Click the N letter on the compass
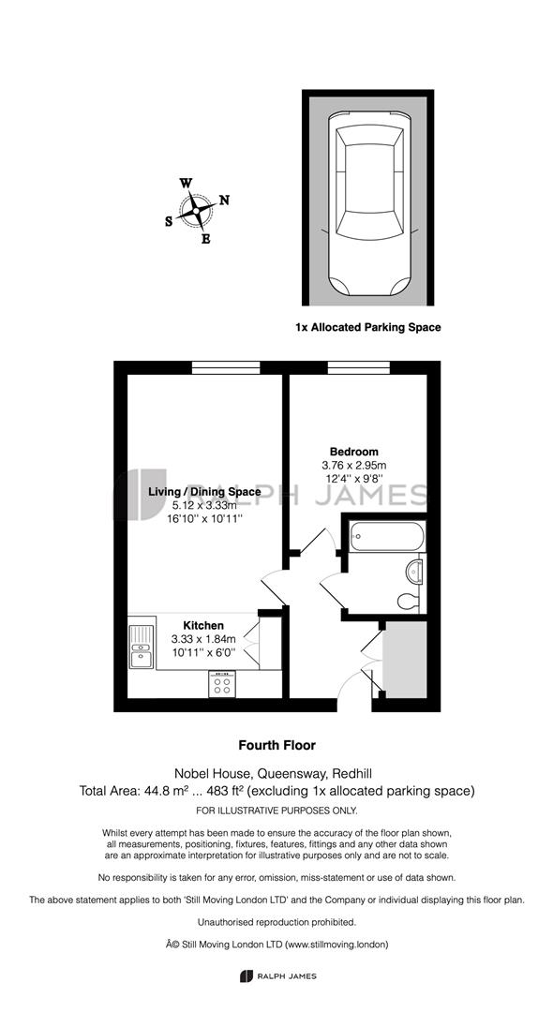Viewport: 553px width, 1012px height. tap(225, 201)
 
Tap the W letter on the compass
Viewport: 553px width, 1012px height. tap(186, 183)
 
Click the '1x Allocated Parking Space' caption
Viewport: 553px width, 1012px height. tap(367, 327)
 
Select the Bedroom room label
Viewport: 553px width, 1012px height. tap(353, 452)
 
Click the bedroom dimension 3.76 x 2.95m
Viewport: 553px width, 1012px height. tap(353, 465)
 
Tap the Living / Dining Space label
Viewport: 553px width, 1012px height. tap(204, 492)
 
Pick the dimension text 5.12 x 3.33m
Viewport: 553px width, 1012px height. tap(204, 505)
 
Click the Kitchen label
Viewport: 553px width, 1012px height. tap(203, 625)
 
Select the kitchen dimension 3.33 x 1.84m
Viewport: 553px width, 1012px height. tap(203, 639)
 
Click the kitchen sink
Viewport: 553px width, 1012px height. tap(142, 647)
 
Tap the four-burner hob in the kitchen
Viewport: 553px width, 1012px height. tap(222, 684)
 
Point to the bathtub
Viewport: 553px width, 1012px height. tap(387, 536)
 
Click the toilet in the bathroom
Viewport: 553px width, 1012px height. tap(409, 602)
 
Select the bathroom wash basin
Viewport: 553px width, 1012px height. tap(415, 572)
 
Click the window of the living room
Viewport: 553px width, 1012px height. tap(226, 368)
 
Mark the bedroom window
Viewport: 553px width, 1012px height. tap(359, 368)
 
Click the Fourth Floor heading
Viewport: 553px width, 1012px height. tap(276, 746)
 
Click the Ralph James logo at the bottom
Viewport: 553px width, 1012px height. tap(277, 975)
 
